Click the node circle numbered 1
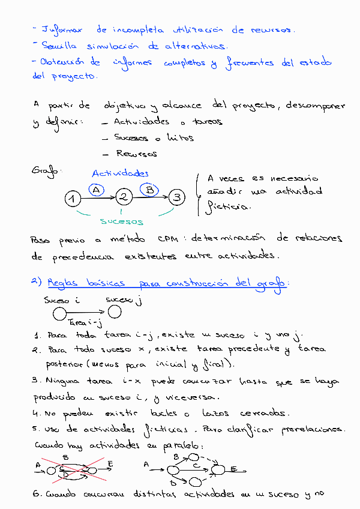click(x=72, y=198)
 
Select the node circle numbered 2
click(x=124, y=197)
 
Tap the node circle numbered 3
click(x=176, y=196)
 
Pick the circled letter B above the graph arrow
click(x=149, y=189)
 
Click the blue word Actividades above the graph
click(x=120, y=173)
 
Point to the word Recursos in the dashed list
click(x=137, y=154)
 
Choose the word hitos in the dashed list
click(x=179, y=137)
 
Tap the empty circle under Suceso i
click(x=59, y=313)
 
